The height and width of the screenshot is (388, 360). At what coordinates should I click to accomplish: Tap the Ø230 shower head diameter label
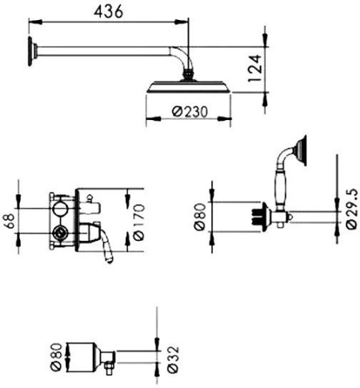pos(190,114)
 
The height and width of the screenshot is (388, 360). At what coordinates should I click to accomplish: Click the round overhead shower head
pos(190,88)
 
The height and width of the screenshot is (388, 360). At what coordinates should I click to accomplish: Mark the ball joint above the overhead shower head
pos(190,77)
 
